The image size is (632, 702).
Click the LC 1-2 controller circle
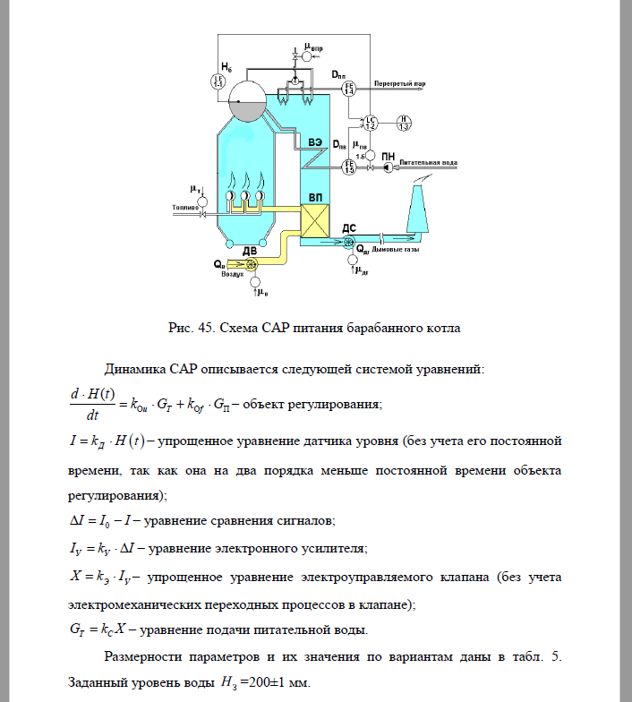coord(370,123)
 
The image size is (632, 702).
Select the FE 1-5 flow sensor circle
coord(349,166)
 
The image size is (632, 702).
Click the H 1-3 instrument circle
coord(404,123)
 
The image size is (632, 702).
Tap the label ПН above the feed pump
coord(389,156)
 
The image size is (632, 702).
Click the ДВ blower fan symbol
coord(239,264)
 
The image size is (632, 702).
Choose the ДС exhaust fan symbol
coord(349,241)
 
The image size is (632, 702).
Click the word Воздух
coord(234,275)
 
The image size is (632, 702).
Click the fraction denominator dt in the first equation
coord(91,414)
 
